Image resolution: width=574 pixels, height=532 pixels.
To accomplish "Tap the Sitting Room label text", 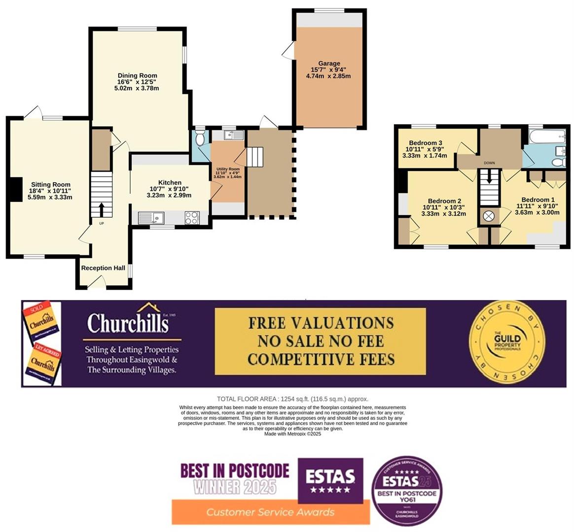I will [x=51, y=185].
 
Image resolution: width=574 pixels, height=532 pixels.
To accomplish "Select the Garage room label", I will [x=329, y=64].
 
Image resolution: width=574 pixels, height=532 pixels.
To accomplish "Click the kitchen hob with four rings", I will [x=192, y=218].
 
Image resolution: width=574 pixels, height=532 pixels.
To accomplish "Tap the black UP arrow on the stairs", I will [x=102, y=210].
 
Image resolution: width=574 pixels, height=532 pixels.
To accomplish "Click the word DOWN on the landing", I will [x=489, y=163].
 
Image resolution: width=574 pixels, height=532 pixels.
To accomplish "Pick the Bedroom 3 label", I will [x=424, y=143].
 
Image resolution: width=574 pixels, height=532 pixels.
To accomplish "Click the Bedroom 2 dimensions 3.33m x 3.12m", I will [x=443, y=214].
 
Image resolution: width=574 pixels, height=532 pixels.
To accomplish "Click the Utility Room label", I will [x=227, y=169].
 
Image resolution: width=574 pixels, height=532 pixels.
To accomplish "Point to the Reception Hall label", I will [x=103, y=268].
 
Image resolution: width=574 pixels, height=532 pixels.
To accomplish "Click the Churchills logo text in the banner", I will [x=128, y=323].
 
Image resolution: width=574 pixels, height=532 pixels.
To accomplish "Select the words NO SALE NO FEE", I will [x=321, y=340].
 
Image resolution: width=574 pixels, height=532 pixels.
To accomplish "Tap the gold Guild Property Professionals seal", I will [x=507, y=343].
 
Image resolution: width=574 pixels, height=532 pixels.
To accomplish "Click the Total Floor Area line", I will [x=292, y=399].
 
